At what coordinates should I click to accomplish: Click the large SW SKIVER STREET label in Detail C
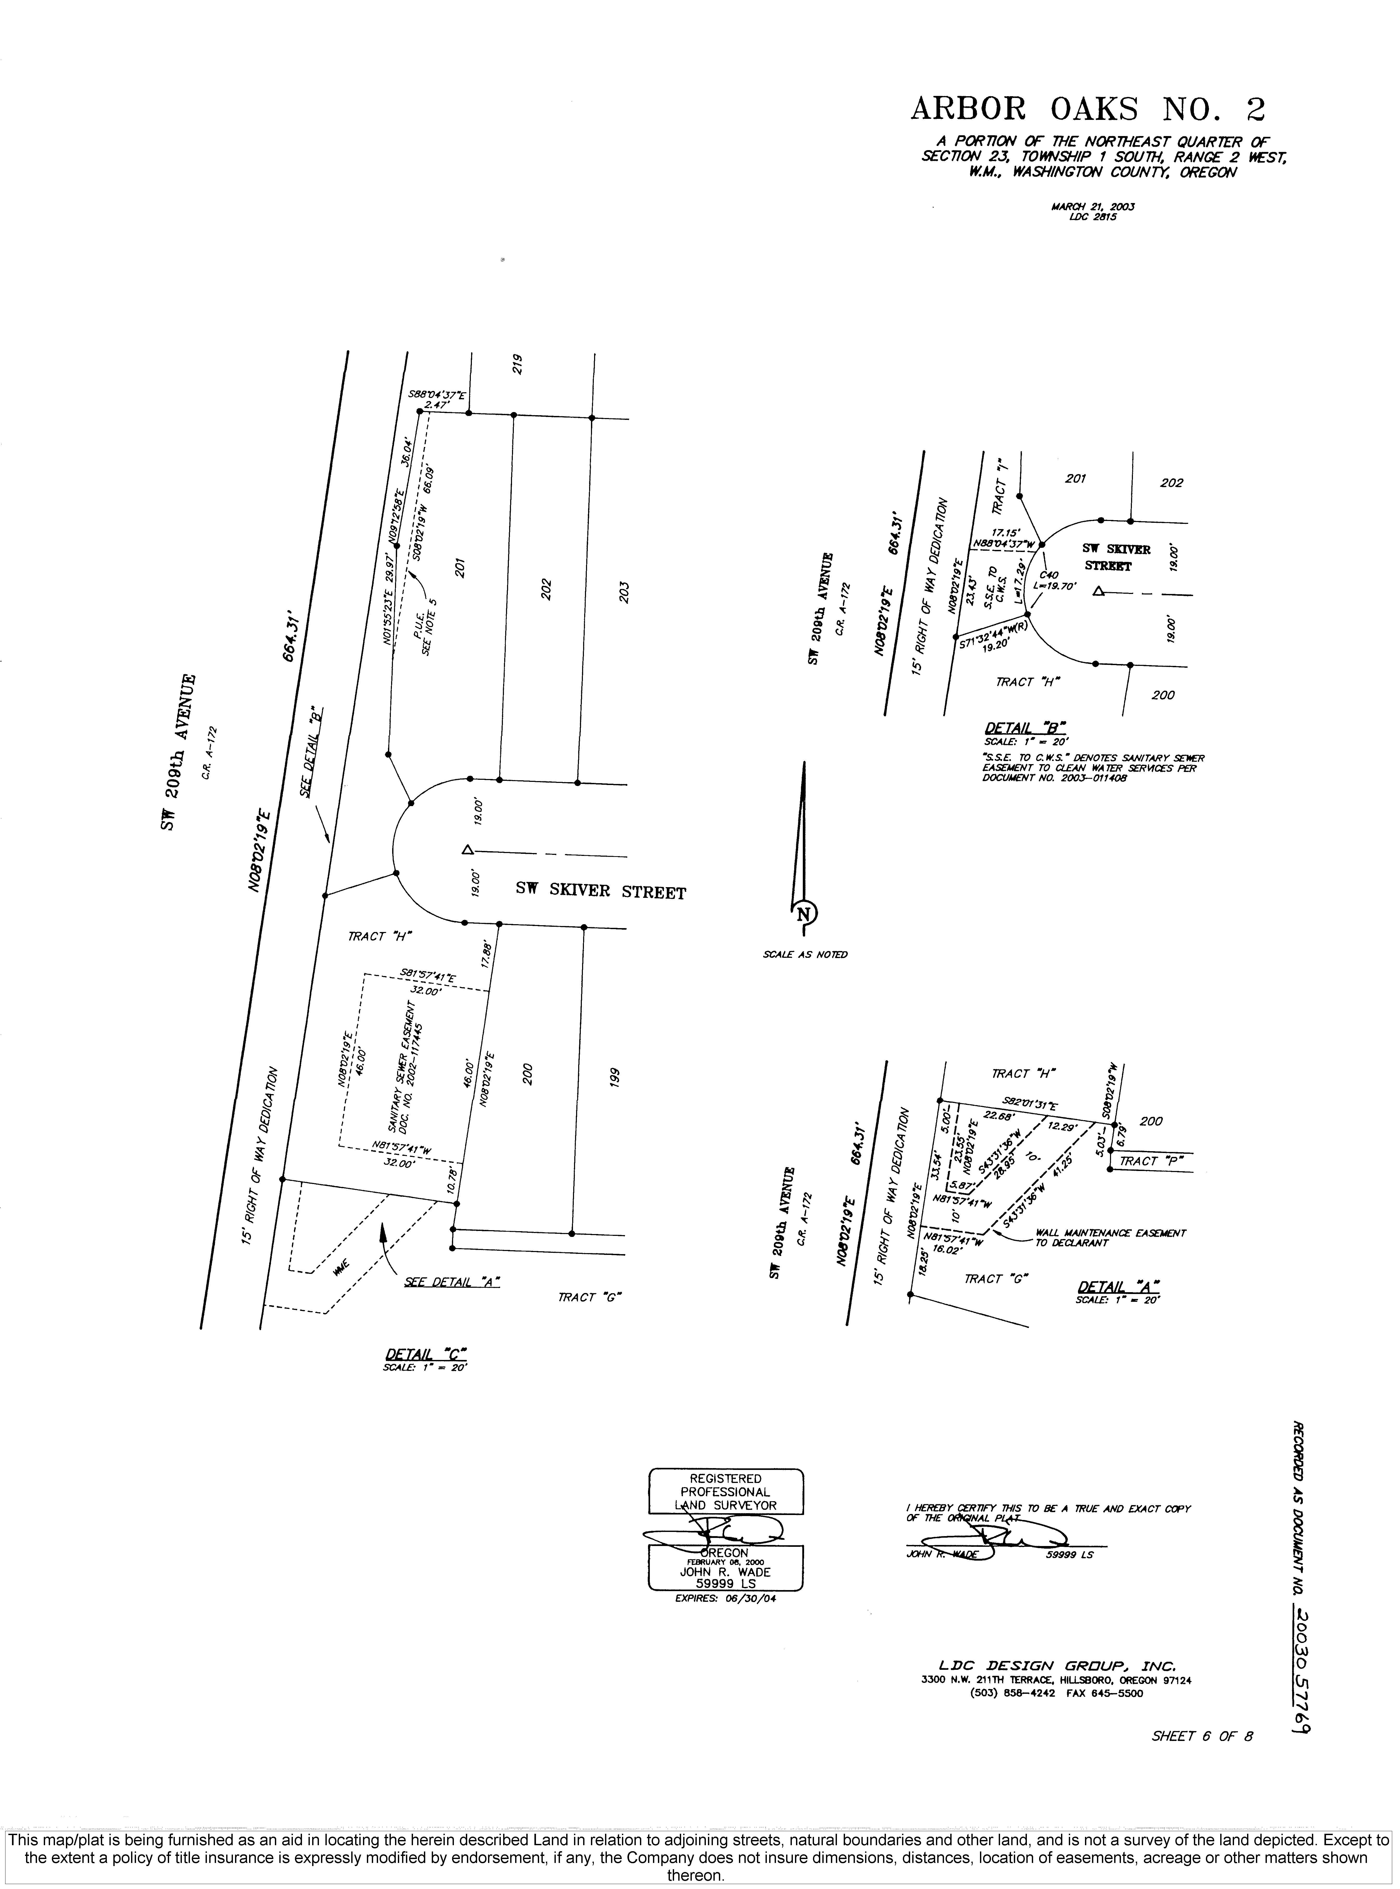601,892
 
